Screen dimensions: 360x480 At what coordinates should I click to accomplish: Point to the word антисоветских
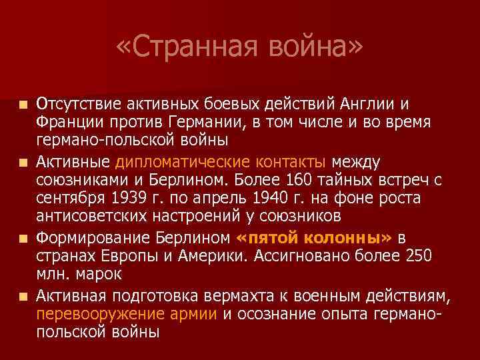point(85,216)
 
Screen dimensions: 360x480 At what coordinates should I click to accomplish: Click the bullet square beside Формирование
point(24,238)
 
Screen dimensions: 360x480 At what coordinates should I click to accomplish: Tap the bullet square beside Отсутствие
point(24,105)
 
